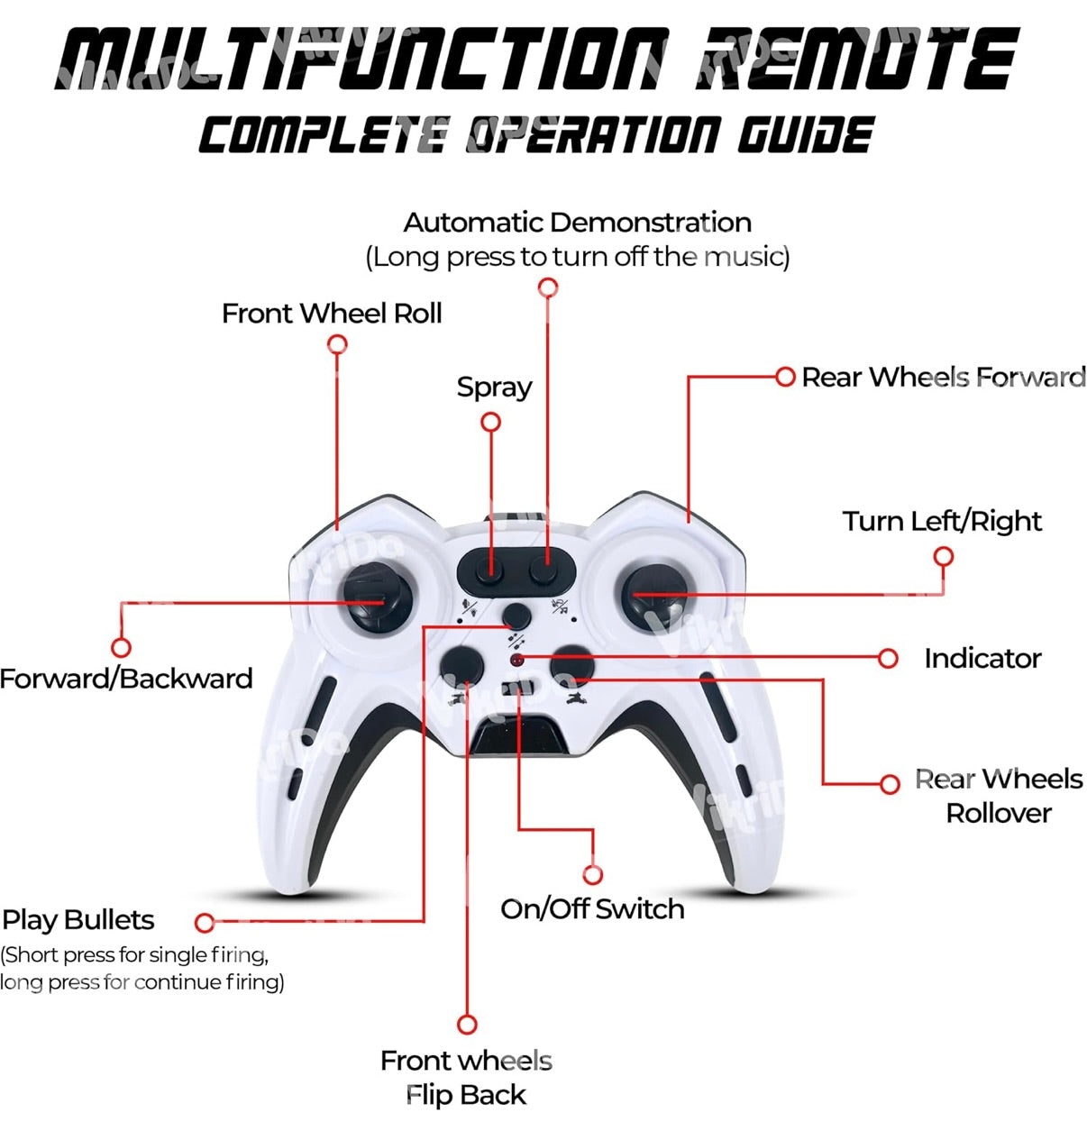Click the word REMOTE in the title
856,59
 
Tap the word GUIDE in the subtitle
805,136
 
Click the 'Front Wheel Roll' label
332,314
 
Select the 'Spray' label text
494,388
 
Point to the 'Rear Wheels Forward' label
943,377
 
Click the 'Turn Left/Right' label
942,521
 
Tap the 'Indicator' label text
982,659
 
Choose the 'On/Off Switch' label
592,908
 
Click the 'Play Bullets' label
78,920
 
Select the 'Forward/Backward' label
126,679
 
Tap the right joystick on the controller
655,595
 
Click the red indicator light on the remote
517,661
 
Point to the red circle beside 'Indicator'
888,659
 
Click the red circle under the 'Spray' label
490,422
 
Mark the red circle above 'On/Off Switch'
592,874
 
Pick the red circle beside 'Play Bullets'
205,922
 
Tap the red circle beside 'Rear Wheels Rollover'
890,783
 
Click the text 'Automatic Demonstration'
577,223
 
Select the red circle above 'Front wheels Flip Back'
467,1025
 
